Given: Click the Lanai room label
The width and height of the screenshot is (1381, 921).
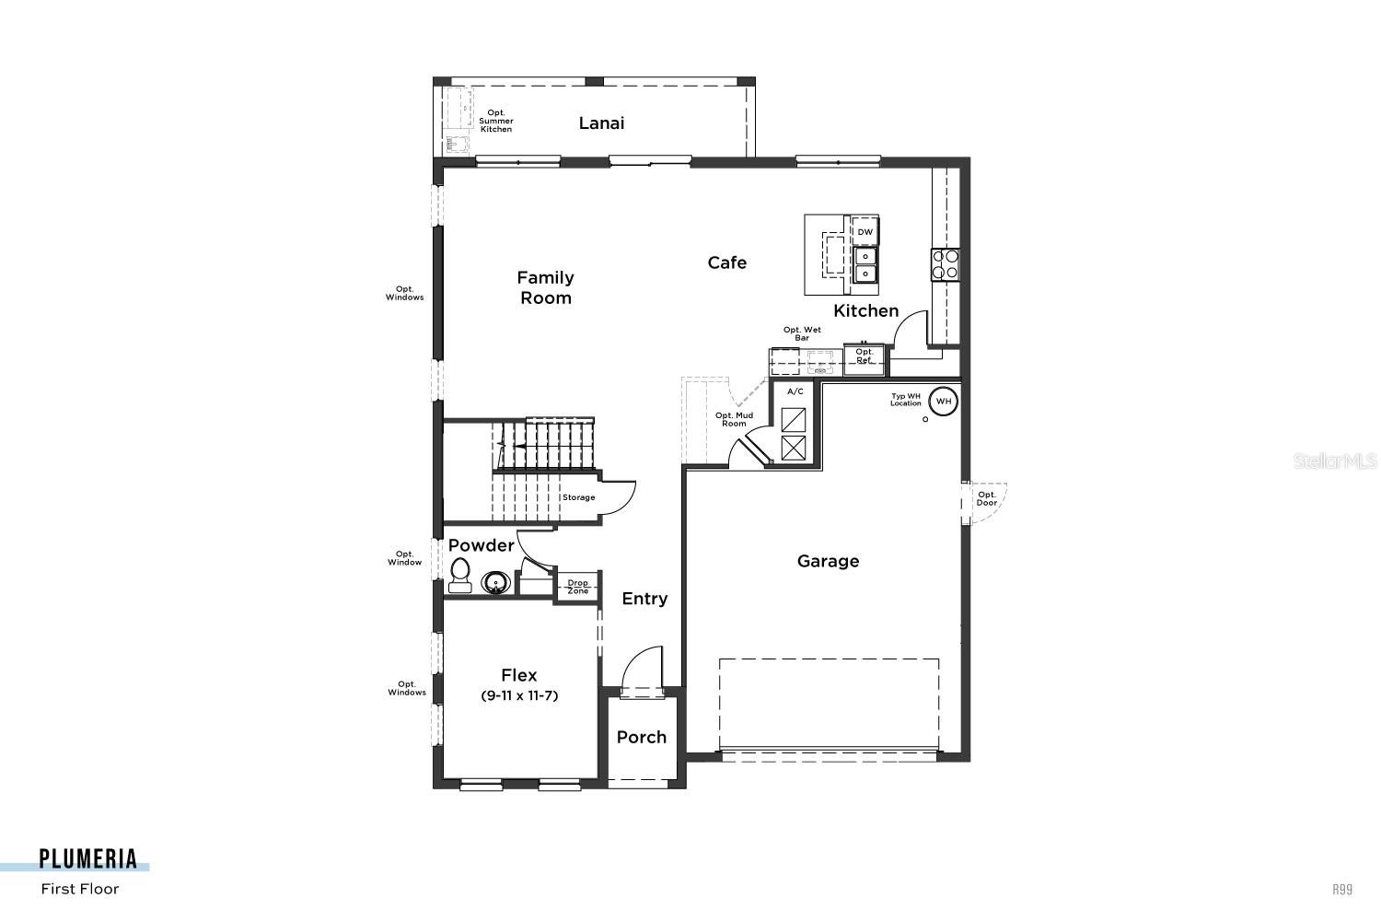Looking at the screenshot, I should click(601, 123).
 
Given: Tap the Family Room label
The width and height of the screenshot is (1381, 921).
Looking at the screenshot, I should click(545, 287).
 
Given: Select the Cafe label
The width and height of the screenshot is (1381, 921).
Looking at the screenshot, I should click(726, 263).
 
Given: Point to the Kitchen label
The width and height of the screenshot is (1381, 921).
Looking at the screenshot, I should click(865, 311).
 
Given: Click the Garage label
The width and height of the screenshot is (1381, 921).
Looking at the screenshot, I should click(828, 561).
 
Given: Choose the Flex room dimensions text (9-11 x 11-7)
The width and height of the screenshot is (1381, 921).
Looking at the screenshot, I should click(519, 696).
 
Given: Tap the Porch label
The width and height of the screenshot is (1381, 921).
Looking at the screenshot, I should click(641, 738).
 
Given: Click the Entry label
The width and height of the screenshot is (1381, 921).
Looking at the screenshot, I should click(644, 599).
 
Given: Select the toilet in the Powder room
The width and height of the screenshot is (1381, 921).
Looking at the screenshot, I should click(459, 576).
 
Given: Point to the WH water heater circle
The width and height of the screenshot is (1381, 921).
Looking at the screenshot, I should click(943, 402).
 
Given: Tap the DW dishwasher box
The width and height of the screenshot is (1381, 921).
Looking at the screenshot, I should click(865, 232).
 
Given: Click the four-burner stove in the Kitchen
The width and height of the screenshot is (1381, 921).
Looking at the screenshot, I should click(945, 265).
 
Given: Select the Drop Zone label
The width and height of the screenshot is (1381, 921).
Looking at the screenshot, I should click(577, 587).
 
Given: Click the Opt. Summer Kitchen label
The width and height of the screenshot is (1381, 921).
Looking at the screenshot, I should click(496, 122).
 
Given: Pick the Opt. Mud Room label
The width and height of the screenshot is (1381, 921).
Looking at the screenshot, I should click(734, 419).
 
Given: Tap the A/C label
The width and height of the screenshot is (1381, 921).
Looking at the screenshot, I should click(795, 391).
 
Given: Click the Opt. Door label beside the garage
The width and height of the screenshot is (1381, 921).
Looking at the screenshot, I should click(986, 498).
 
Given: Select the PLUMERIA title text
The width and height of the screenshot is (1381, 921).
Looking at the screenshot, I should click(88, 859).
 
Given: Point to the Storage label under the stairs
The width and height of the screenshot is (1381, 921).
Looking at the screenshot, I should click(578, 497).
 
